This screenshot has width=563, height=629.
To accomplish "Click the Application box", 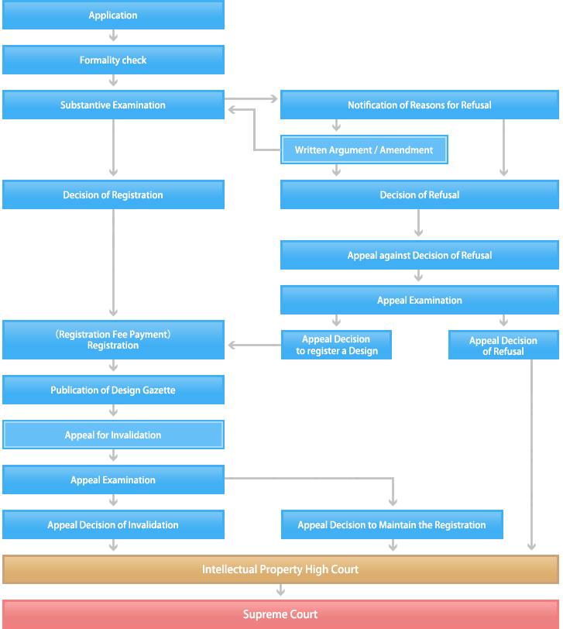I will point(113,15).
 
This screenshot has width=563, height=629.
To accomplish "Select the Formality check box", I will point(113,60).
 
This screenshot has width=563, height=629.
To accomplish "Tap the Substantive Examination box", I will point(113,105).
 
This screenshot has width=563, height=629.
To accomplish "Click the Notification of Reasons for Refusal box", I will point(419,105).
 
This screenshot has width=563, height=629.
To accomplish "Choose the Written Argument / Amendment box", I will point(364,150).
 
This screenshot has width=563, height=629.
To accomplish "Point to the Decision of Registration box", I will point(113,195).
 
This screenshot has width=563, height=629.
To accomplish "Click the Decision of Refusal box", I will point(419,195).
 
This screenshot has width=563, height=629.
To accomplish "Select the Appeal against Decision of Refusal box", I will point(419,256).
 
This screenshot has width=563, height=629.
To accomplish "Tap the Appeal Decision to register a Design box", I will point(336,345).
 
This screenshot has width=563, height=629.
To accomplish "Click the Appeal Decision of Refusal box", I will point(503,345).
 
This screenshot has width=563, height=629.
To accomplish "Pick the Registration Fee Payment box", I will point(113,340).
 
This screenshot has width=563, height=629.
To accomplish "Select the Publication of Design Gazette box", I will point(113,390).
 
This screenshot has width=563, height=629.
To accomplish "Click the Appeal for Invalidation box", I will point(113,435).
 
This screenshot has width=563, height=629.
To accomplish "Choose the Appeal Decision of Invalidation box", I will point(113,525).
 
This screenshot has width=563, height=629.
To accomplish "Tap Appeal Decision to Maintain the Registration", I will point(392,525).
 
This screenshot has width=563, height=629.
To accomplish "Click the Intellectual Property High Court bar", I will point(280,569).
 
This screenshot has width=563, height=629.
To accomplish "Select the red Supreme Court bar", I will point(280,614).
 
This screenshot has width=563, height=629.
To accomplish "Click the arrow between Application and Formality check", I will point(113,37).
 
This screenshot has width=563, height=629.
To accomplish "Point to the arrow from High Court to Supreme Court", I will point(280,591).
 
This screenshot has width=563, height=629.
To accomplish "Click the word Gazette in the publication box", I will point(157,390).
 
